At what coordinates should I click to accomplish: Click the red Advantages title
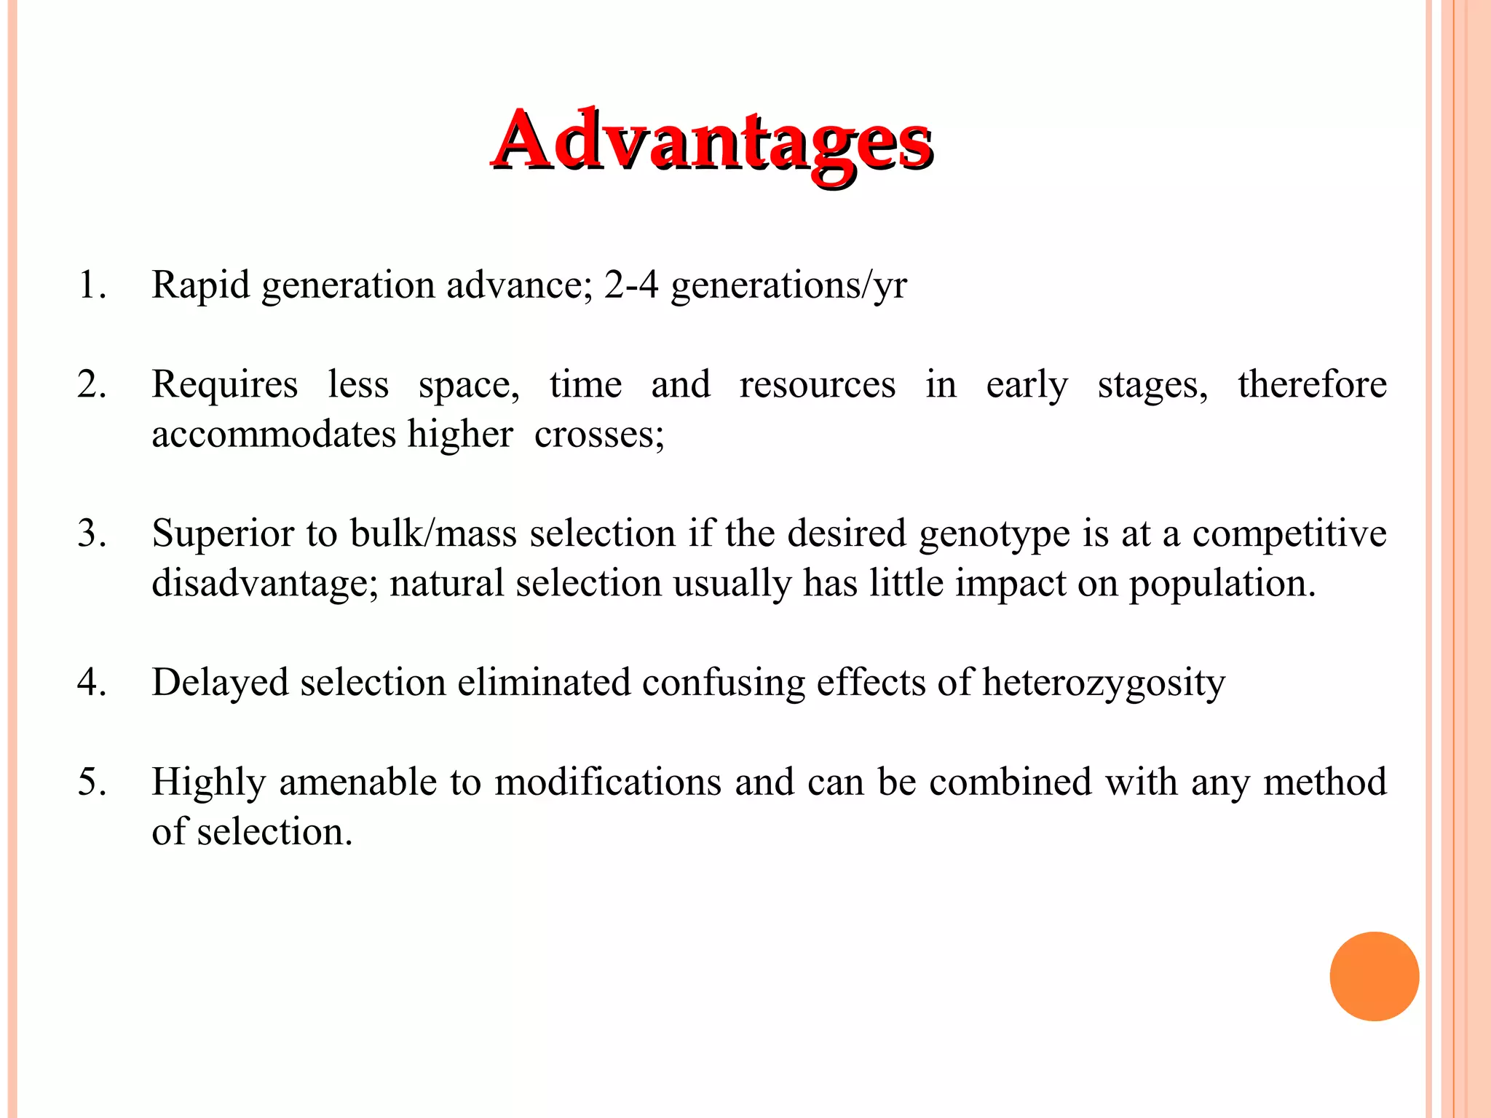click(x=712, y=141)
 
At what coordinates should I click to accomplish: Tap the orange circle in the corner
click(x=1374, y=976)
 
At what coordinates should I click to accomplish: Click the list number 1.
click(x=92, y=285)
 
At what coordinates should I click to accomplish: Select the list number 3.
click(x=92, y=534)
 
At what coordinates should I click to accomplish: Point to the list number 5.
click(x=92, y=782)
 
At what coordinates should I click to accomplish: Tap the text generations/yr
click(x=788, y=285)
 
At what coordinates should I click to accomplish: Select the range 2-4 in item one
click(x=631, y=285)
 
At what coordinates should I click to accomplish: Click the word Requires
click(x=224, y=384)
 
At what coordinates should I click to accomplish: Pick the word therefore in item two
click(x=1312, y=384)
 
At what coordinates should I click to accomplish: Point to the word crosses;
click(x=599, y=435)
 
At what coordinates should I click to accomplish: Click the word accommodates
click(x=274, y=435)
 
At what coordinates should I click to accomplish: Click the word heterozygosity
click(x=1104, y=683)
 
